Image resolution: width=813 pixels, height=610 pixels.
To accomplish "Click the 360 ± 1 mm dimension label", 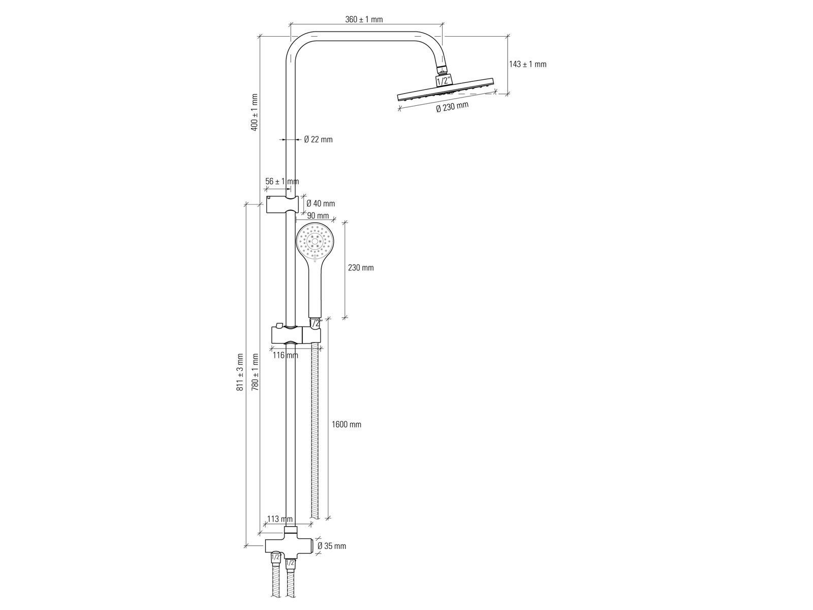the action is point(364,20).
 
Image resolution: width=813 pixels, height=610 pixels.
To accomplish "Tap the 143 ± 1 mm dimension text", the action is point(527,64).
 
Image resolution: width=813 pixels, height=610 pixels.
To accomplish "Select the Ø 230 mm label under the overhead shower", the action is point(452,107).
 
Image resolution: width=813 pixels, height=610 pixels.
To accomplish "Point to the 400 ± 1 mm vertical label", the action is point(254,112).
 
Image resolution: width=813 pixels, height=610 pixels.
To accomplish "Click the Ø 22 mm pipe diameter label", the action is point(318,140).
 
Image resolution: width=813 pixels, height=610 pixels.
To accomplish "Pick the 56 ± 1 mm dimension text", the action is point(282,181).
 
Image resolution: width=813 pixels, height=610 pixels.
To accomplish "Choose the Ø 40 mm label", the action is point(321,203).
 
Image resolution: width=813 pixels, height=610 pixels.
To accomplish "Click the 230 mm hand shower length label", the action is point(361,267).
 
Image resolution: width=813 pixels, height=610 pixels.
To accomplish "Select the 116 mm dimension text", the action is point(285,355).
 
